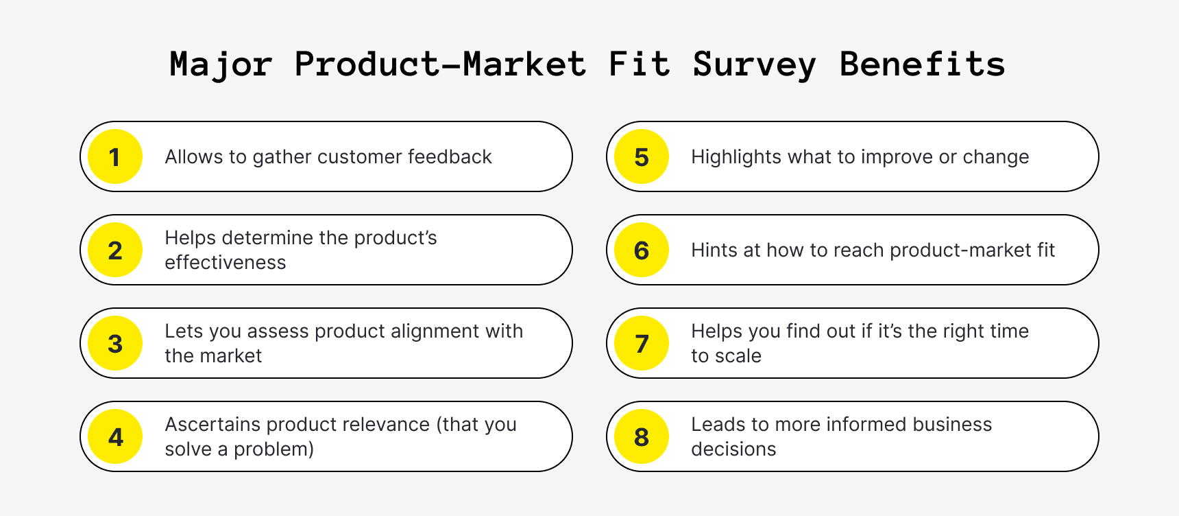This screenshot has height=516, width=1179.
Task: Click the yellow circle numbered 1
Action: click(x=115, y=156)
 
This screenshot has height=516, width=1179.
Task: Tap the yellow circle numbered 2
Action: click(x=115, y=250)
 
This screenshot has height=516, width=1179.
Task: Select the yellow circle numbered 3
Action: click(x=115, y=343)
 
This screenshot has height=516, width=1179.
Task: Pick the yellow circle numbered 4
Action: click(x=115, y=436)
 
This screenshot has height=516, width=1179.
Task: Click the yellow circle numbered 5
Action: click(x=642, y=156)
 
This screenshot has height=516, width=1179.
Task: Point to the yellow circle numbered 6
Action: click(x=642, y=250)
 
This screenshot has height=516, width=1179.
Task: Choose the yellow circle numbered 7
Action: click(x=642, y=343)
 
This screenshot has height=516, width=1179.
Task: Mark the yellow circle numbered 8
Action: click(x=642, y=436)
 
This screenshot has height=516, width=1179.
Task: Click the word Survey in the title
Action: click(x=754, y=65)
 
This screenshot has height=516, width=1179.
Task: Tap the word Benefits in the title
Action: click(x=922, y=64)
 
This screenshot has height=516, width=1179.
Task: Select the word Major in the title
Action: click(x=221, y=65)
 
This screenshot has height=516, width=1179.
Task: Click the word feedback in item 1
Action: click(x=450, y=157)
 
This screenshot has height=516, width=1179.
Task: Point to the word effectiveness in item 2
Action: click(x=225, y=263)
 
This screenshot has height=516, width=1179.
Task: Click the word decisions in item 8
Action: click(x=733, y=449)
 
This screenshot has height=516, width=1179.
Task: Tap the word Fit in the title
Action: click(x=639, y=64)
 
